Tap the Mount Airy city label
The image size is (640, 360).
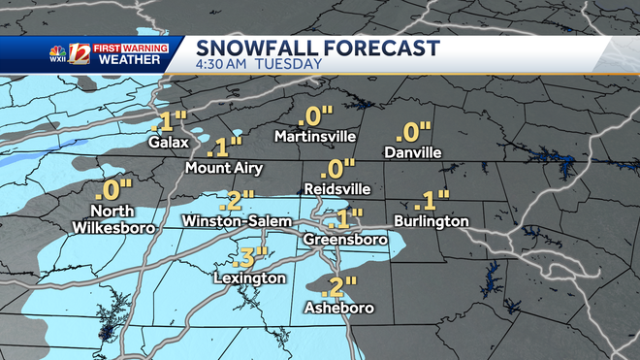pos(223,168)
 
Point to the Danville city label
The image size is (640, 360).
pos(412,152)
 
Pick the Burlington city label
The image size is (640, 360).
pos(432,221)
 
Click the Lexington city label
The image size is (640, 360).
pos(250,278)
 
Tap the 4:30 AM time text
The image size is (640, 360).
pos(222,64)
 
